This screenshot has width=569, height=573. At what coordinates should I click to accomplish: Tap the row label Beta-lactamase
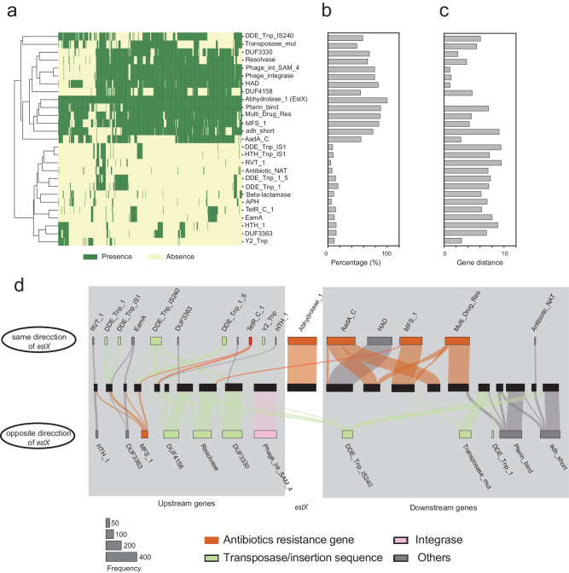click(265, 194)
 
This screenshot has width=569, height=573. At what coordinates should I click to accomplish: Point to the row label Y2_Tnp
click(257, 241)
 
